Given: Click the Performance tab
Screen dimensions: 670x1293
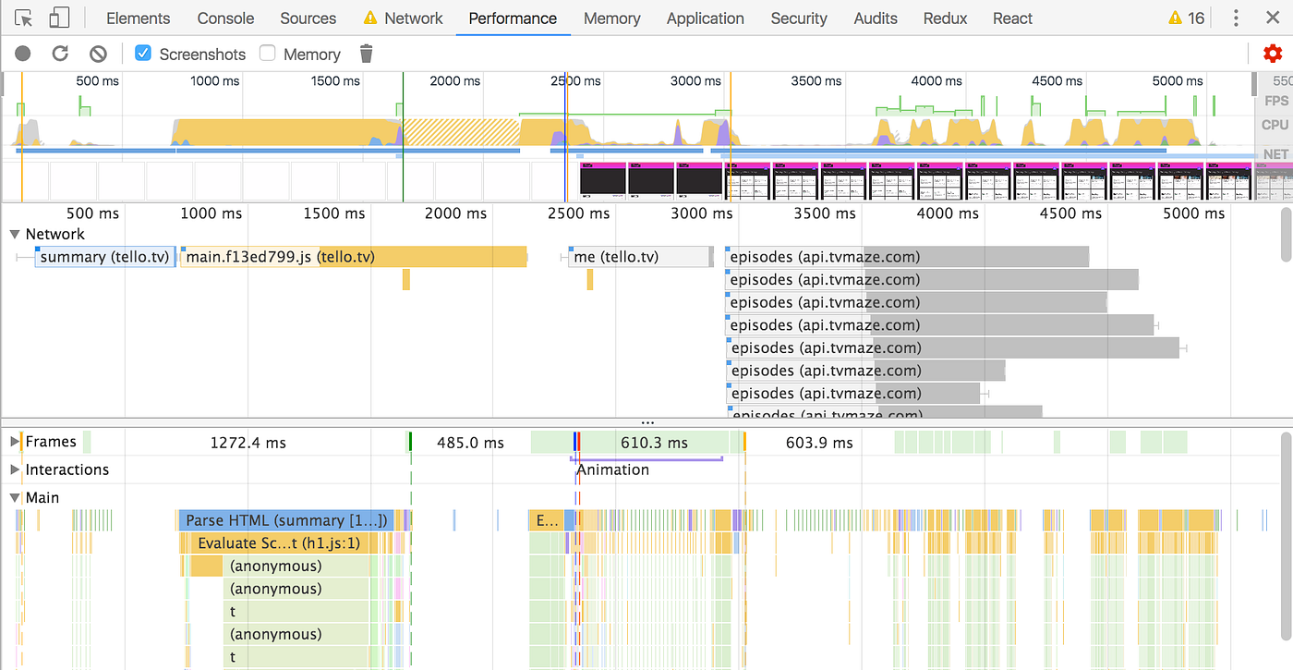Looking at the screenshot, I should pyautogui.click(x=513, y=18).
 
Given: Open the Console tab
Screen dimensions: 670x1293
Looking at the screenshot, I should pyautogui.click(x=225, y=18).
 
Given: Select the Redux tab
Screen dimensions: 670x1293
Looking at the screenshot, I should pyautogui.click(x=946, y=18).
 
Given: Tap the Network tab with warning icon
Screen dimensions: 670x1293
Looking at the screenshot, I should pyautogui.click(x=403, y=18).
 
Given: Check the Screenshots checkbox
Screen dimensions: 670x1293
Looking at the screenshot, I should pyautogui.click(x=143, y=54).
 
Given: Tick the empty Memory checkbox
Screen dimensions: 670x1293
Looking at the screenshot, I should pyautogui.click(x=268, y=54).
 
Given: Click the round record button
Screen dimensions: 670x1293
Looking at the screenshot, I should pyautogui.click(x=23, y=54).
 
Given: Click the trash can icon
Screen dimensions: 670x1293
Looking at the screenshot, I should pyautogui.click(x=366, y=54).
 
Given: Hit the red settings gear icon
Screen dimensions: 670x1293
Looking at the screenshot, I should pyautogui.click(x=1273, y=54).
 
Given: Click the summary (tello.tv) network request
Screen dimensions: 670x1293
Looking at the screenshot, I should pyautogui.click(x=104, y=257).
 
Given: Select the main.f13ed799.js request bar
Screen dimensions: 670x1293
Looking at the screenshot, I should pyautogui.click(x=277, y=257).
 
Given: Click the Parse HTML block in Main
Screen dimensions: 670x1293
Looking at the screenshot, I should pyautogui.click(x=286, y=520).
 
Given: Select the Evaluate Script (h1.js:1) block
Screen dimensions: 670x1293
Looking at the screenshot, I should pyautogui.click(x=279, y=543).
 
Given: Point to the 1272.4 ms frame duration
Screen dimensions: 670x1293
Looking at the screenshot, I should pyautogui.click(x=248, y=443).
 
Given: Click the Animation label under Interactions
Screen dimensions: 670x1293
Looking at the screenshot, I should pyautogui.click(x=612, y=469).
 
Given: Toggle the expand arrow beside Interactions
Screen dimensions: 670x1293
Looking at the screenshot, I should pyautogui.click(x=15, y=469).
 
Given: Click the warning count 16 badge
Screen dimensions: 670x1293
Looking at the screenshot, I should pyautogui.click(x=1187, y=18).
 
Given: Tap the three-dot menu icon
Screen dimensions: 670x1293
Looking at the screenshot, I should pyautogui.click(x=1236, y=18).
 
